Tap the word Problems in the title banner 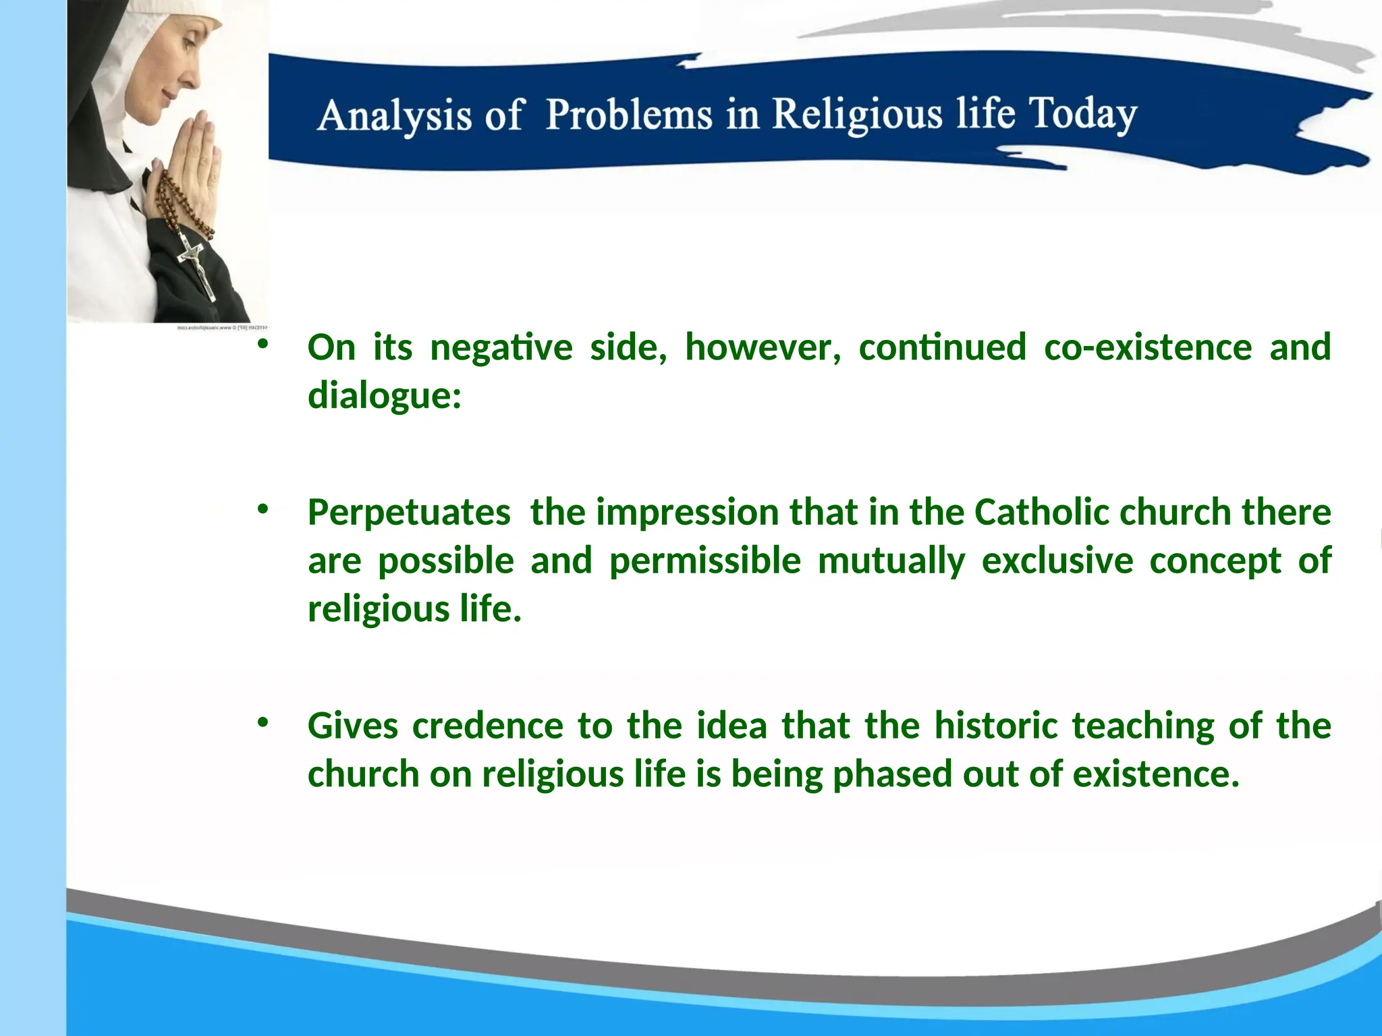tap(628, 114)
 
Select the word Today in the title tap(1082, 114)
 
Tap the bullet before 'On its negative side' tap(263, 344)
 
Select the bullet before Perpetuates tap(263, 509)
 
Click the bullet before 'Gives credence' tap(263, 722)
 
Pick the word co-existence tap(1148, 347)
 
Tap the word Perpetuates tap(409, 512)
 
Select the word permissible tap(705, 560)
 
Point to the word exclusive tap(1057, 560)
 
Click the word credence tap(487, 726)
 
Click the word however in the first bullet tap(763, 347)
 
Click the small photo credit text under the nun tap(222, 328)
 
